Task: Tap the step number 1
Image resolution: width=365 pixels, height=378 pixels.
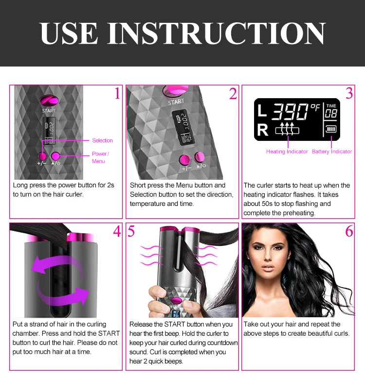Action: coord(117,93)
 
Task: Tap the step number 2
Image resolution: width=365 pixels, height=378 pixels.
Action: coord(233,93)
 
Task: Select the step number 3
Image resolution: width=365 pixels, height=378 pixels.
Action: coord(349,93)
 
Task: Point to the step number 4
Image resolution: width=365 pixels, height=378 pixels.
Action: coord(117,231)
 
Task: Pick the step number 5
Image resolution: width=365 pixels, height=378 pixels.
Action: coord(132,231)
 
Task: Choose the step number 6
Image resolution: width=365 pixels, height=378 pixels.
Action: coord(349,231)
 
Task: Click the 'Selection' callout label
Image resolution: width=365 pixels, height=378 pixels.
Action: coord(102,140)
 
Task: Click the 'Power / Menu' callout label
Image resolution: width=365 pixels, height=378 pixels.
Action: coord(100,157)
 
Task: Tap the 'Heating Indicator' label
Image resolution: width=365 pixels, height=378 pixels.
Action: coord(287,152)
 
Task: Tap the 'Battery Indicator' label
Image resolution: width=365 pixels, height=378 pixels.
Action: coord(331,152)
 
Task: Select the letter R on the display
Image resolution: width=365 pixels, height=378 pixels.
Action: coord(262,130)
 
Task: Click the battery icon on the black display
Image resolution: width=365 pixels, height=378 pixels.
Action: coord(331,130)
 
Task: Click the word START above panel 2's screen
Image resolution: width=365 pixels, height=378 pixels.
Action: coord(176,103)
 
